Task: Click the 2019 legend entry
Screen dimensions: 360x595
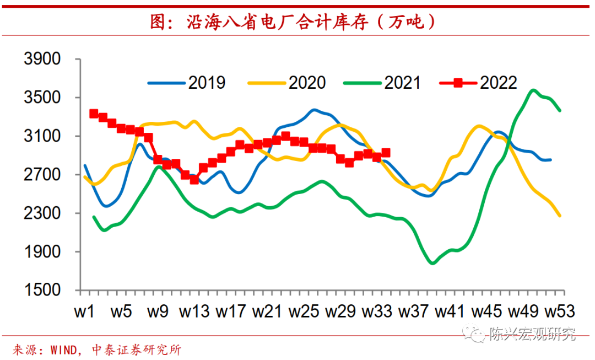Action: click(x=187, y=83)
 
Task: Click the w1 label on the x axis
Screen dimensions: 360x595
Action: click(x=84, y=311)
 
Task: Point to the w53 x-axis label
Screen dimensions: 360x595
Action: click(x=560, y=311)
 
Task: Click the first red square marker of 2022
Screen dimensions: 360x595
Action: click(x=94, y=114)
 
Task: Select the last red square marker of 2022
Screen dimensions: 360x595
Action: click(x=386, y=153)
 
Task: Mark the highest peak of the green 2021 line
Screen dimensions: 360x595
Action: click(x=533, y=90)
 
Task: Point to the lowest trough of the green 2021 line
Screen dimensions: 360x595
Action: click(x=432, y=263)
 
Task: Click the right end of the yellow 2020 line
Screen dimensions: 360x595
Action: click(x=560, y=216)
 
